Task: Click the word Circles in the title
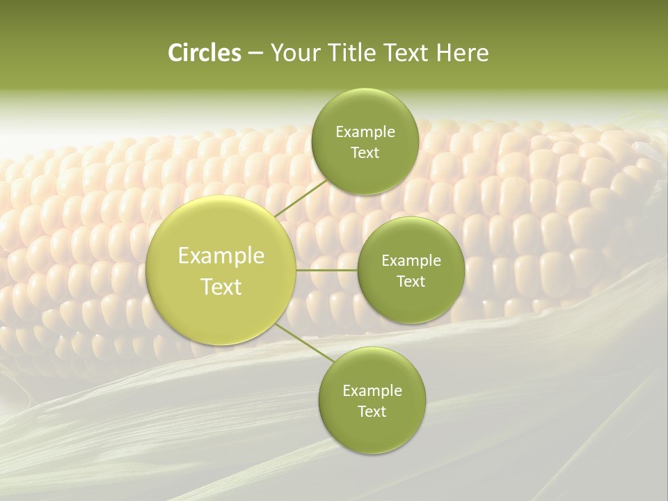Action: coord(205,53)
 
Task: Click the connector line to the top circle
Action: coord(301,198)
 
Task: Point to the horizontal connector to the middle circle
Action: coord(326,270)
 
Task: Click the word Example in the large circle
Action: coord(221,256)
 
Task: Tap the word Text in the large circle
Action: coord(221,287)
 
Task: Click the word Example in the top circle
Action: coord(365,132)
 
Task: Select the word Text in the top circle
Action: coord(365,152)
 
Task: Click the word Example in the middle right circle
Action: coord(411,261)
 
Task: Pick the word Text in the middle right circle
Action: coord(411,281)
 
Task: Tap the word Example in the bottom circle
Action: coord(372,391)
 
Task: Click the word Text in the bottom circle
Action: coord(372,411)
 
